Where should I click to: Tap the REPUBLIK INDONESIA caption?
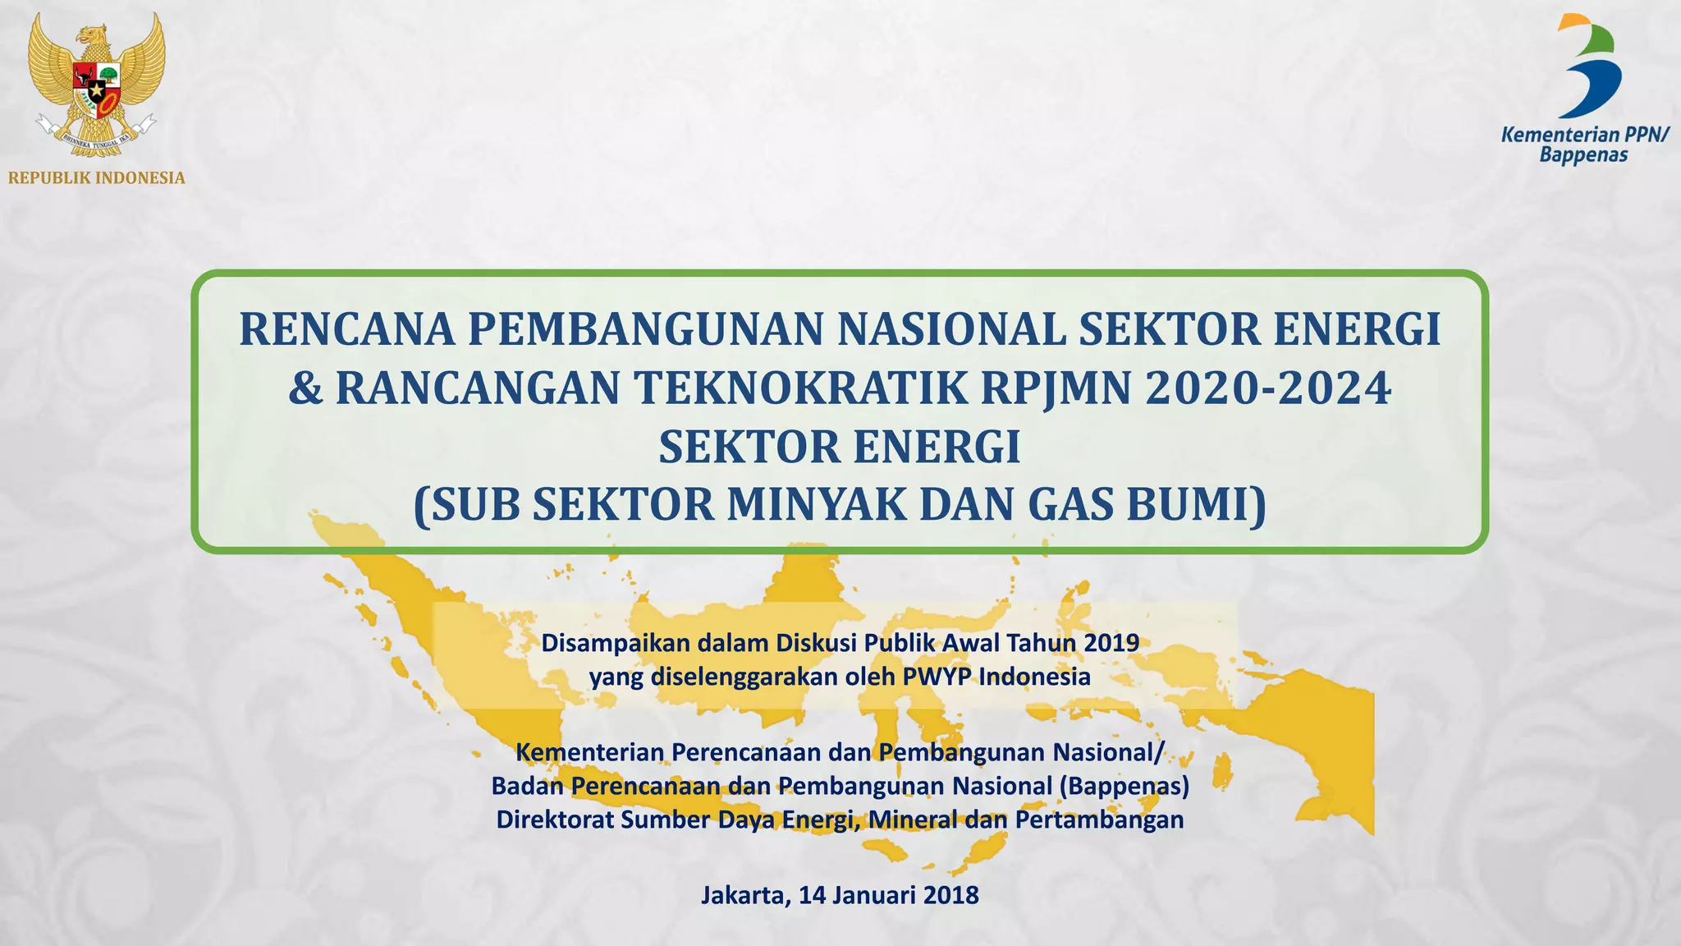pos(97,178)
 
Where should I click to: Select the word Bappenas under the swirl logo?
pos(1583,154)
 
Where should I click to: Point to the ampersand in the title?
pos(305,388)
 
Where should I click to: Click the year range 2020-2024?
pos(1268,388)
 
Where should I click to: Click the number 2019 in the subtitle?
pos(1111,642)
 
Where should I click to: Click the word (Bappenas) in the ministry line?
pos(1124,786)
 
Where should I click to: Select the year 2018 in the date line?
pos(950,894)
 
